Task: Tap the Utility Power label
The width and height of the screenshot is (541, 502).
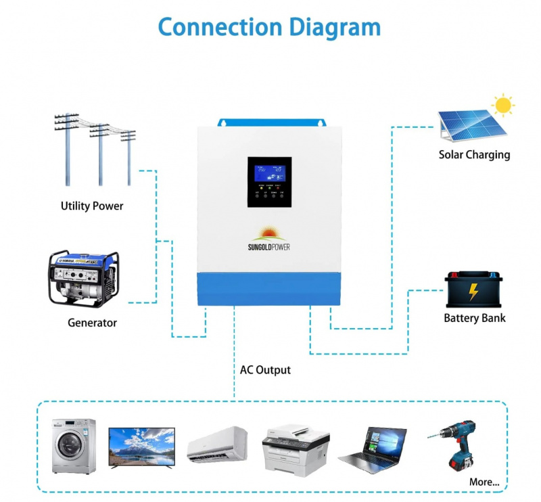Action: click(x=92, y=206)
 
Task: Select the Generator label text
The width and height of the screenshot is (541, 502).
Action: click(x=92, y=323)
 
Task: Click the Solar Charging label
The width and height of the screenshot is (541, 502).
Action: click(x=474, y=154)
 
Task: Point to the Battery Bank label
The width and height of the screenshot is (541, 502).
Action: click(x=474, y=317)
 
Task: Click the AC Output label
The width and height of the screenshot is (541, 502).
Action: click(x=265, y=370)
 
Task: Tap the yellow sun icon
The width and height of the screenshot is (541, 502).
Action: click(x=502, y=106)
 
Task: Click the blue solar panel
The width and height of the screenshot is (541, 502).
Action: click(x=466, y=127)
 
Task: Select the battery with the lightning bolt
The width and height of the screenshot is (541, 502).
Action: click(x=474, y=290)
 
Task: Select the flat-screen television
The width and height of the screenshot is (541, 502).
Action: click(x=141, y=446)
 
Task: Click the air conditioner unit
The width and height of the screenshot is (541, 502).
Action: click(x=218, y=443)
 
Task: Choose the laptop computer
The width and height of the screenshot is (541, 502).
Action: click(x=373, y=448)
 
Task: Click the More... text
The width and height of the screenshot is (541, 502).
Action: click(x=484, y=482)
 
